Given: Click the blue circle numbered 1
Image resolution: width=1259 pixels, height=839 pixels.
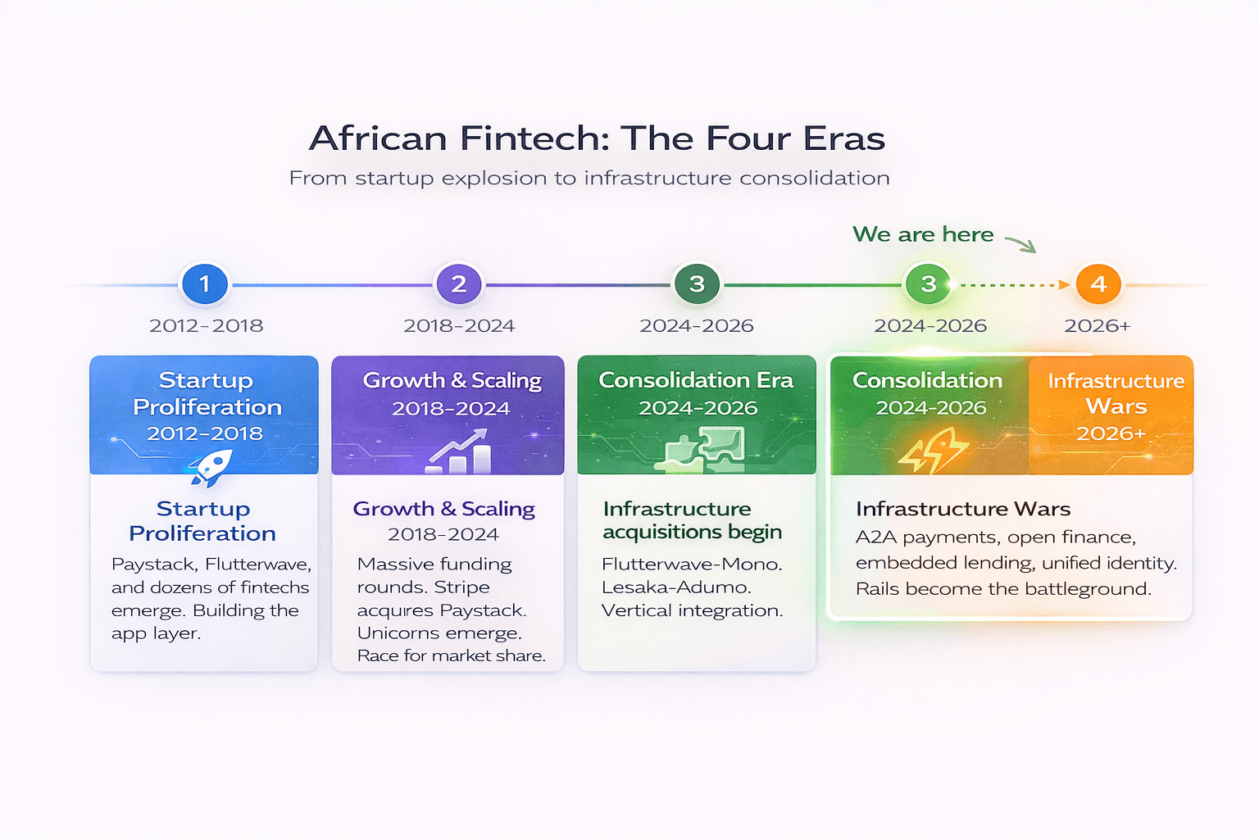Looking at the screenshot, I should (x=205, y=284).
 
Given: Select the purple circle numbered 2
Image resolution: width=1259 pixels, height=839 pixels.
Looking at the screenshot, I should (x=459, y=284).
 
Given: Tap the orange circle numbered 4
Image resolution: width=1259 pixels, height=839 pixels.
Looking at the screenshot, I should (x=1098, y=284).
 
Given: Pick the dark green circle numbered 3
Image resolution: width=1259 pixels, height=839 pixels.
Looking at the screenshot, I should (x=697, y=284).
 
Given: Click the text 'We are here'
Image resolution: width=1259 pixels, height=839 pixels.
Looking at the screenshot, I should (x=923, y=234).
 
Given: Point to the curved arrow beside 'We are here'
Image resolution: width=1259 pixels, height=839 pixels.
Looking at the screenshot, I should (x=1021, y=243).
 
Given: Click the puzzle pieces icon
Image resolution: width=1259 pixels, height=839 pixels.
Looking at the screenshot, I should (x=704, y=451).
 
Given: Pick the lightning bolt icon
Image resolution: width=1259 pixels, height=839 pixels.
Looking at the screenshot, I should (x=933, y=452).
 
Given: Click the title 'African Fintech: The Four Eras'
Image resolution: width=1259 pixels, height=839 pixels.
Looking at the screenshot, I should (x=597, y=138).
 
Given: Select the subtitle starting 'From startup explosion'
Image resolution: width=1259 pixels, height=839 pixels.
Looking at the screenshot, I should (x=589, y=178).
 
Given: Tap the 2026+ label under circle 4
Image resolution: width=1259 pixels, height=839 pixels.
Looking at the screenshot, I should (x=1098, y=325).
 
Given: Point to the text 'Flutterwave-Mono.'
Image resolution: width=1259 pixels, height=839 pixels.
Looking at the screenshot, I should (x=692, y=564).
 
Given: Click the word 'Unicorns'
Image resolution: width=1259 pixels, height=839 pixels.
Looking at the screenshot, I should (x=390, y=633).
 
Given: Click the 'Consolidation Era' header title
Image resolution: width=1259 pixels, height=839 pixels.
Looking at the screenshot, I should (x=696, y=380).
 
